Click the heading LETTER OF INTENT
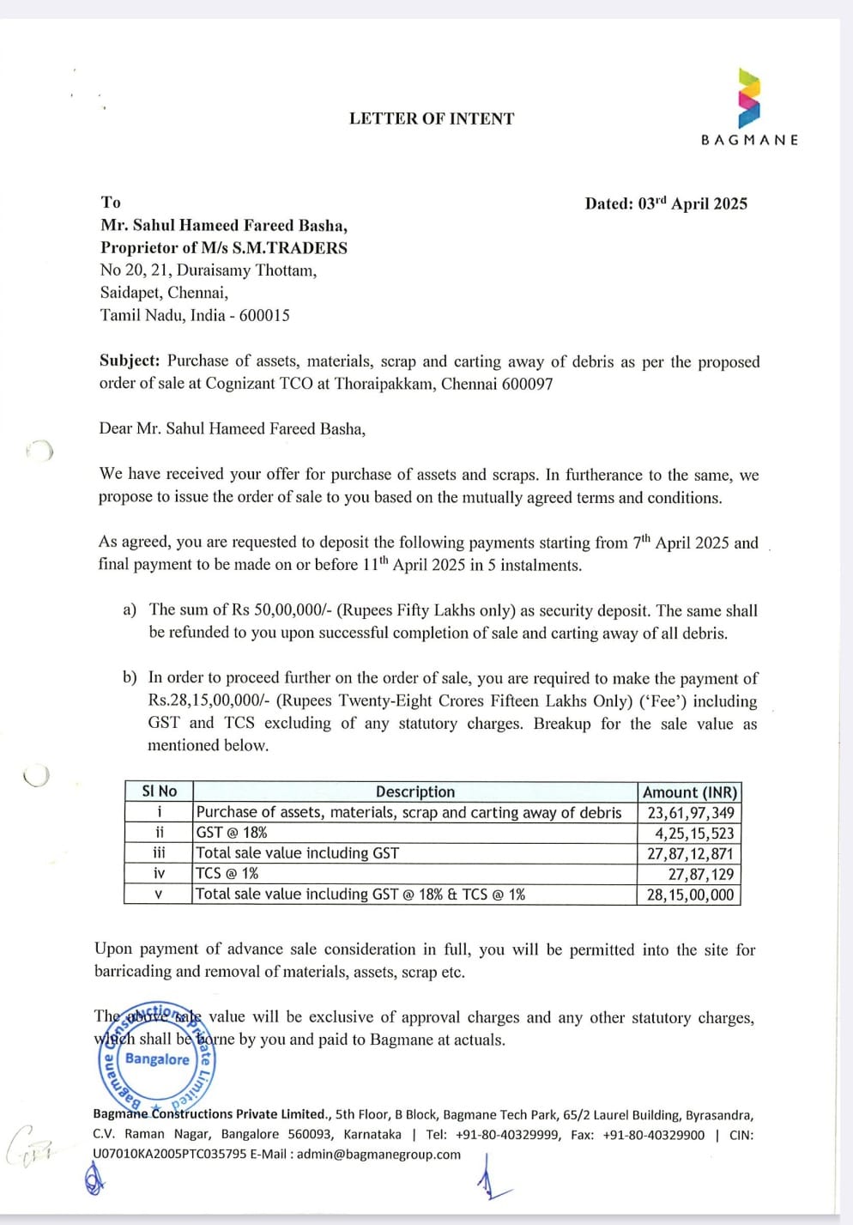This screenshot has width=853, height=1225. point(432,119)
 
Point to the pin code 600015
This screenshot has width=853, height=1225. point(264,315)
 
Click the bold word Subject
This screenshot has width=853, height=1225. point(129,361)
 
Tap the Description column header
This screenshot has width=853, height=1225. point(415,791)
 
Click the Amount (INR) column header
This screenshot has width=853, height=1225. point(689,791)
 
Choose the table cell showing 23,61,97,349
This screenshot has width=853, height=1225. point(690,812)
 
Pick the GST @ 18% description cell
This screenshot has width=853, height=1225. point(232,832)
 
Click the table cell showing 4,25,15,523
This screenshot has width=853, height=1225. point(694,833)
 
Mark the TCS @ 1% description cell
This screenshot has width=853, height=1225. point(227,873)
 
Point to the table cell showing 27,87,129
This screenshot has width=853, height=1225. point(701,874)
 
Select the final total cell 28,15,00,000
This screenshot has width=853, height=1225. point(690,894)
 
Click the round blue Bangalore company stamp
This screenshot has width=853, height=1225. point(156,1058)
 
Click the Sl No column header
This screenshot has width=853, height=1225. point(159,791)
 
